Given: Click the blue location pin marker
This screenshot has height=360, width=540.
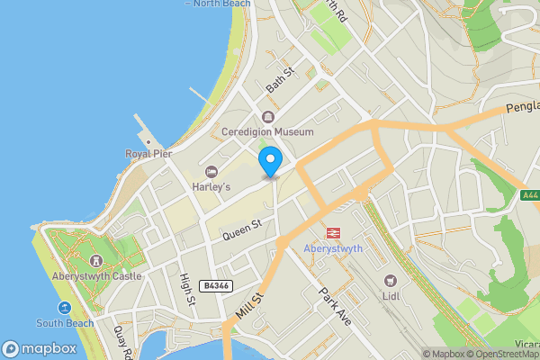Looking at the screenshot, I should tap(269, 163).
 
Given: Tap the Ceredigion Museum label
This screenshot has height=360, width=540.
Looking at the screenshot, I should tap(268, 132).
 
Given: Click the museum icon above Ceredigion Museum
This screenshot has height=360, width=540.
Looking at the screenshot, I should tap(268, 117).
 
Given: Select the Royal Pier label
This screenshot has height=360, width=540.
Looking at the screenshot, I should tap(148, 154).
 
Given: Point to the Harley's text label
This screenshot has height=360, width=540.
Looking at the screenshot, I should tap(211, 186).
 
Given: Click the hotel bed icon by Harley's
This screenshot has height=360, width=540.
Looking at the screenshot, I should tap(211, 172).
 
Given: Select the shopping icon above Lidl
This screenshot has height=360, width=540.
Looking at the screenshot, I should tap(391, 280).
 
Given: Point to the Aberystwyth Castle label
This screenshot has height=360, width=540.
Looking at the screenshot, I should tap(96, 276).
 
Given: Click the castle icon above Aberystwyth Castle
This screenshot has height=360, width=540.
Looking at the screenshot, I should tap(96, 261).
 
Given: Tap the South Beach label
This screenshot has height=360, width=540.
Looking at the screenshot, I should tap(65, 323).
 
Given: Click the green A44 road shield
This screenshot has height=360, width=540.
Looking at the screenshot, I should tap(530, 194).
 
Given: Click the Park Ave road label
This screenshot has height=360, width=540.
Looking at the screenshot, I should tap(331, 306).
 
